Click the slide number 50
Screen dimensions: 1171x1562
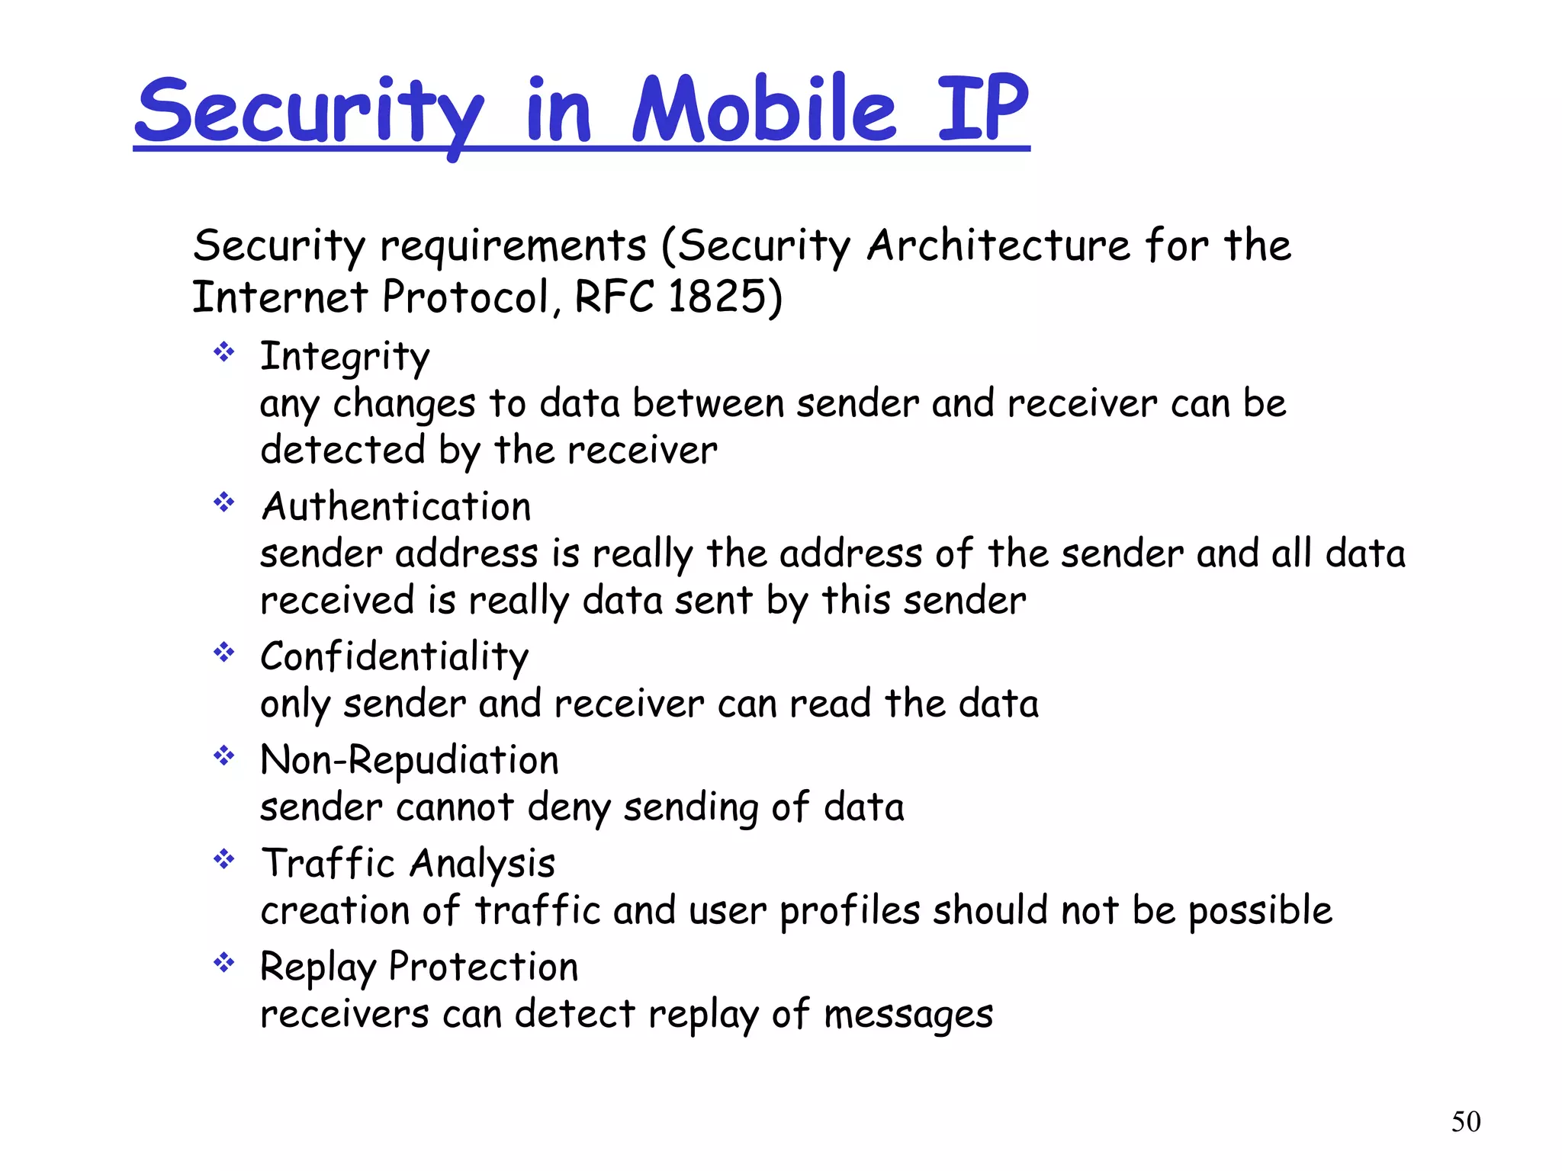point(1466,1121)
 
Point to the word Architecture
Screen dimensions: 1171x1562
point(998,245)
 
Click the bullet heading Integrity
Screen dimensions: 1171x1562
point(345,357)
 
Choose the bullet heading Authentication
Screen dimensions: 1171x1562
point(396,506)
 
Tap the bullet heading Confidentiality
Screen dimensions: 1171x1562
point(394,656)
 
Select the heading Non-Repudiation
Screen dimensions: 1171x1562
point(410,760)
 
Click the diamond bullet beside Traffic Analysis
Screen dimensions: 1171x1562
point(224,860)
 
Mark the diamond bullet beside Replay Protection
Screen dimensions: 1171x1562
point(224,963)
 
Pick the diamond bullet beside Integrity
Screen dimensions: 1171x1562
point(224,352)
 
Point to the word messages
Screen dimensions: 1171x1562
point(908,1015)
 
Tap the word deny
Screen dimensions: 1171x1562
point(568,808)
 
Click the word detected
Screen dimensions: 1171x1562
point(342,450)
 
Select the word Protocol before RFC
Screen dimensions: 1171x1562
point(466,297)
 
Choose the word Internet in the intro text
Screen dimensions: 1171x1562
point(280,297)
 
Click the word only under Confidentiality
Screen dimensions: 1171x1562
point(294,704)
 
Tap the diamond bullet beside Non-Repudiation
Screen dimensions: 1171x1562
point(224,756)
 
